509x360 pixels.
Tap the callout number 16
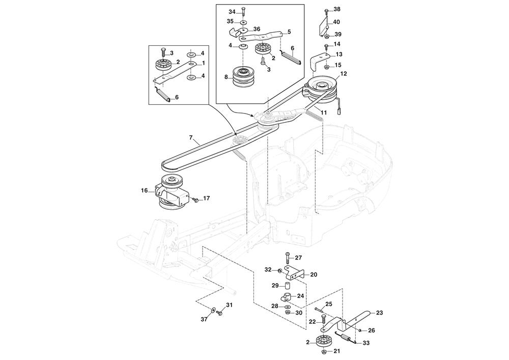(x=145, y=190)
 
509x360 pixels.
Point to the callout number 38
(x=336, y=10)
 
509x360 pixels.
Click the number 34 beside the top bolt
(x=232, y=11)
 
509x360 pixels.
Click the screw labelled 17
(x=195, y=199)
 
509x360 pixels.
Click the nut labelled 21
(x=324, y=351)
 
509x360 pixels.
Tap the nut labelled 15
(x=326, y=66)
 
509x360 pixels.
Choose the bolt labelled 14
(x=326, y=47)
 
